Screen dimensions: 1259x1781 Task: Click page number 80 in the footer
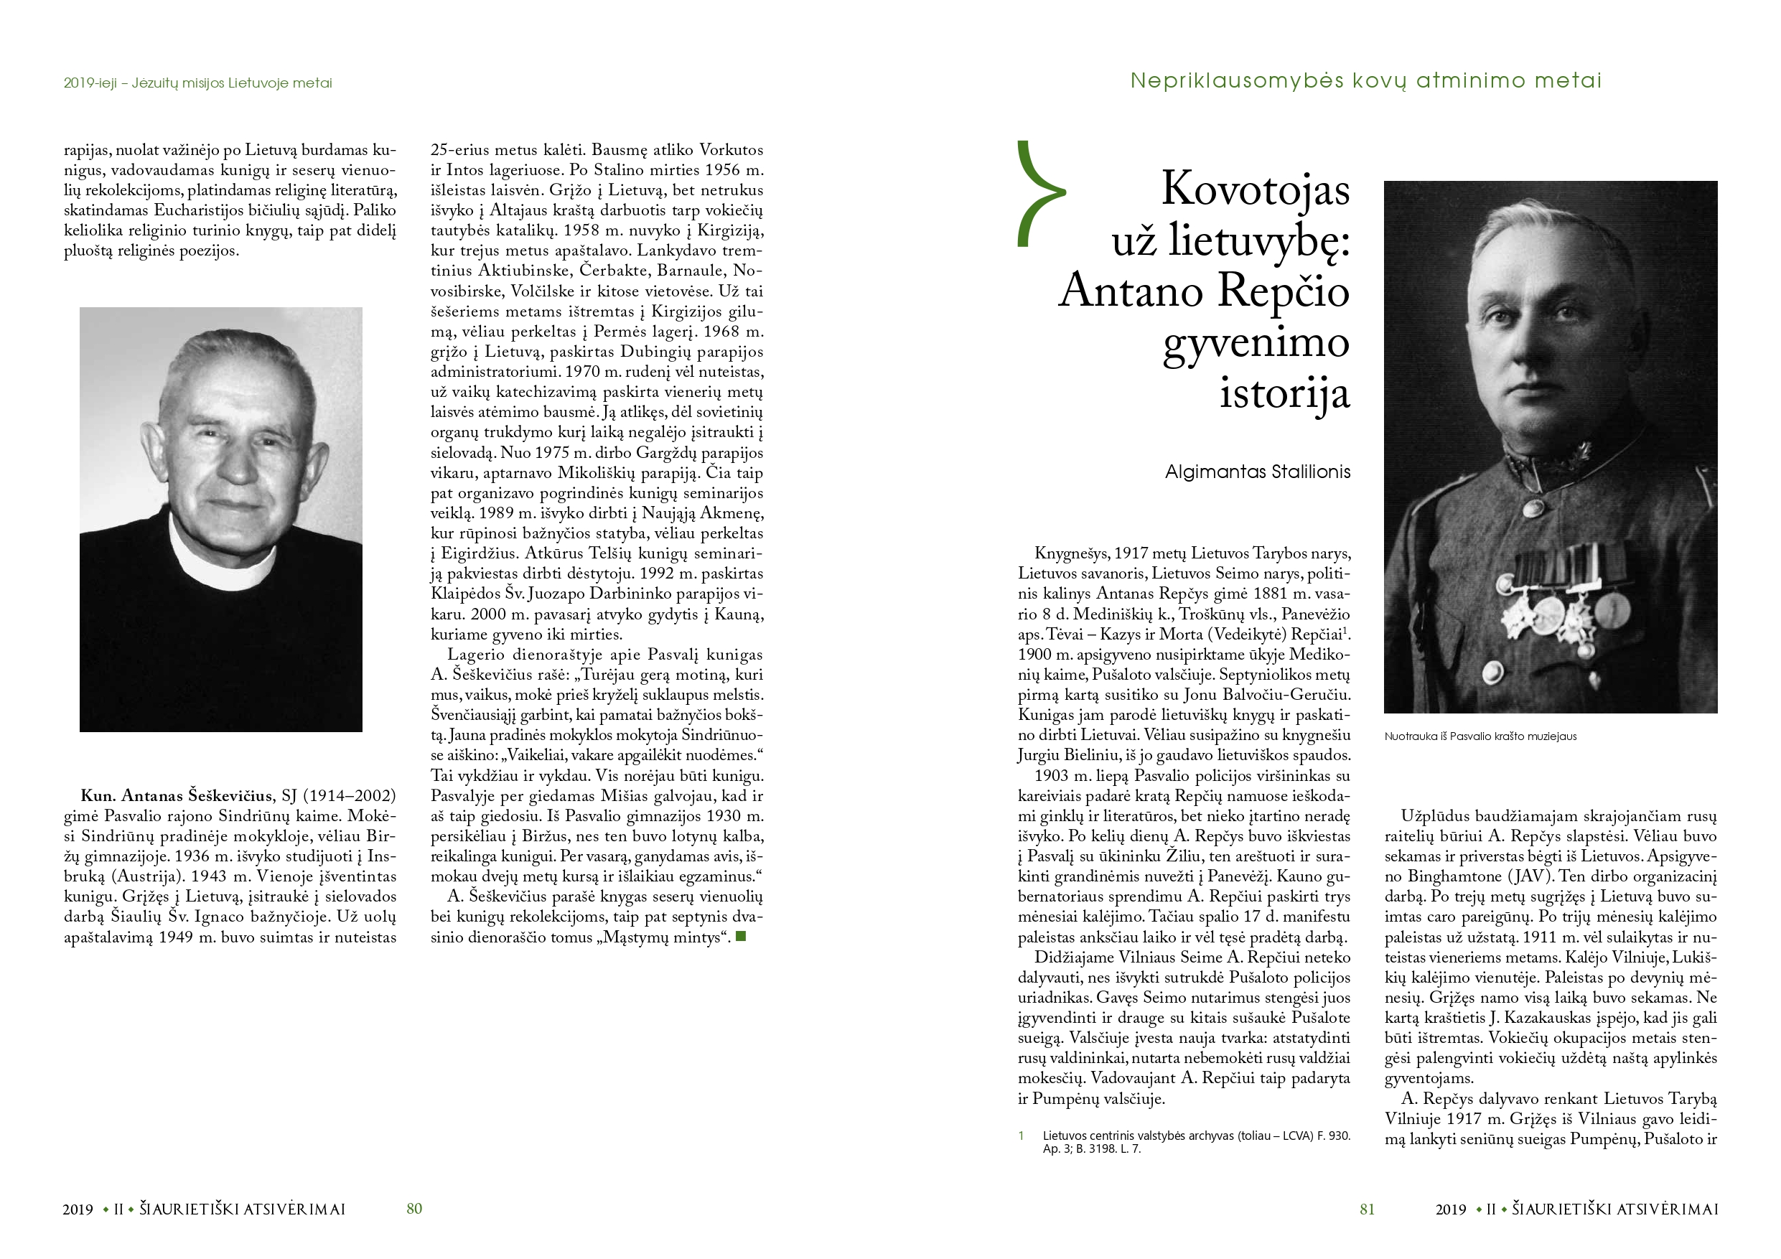414,1209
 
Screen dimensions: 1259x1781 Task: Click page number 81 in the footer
1367,1209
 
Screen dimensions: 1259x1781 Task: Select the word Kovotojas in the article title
1254,189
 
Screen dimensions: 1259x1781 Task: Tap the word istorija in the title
1284,393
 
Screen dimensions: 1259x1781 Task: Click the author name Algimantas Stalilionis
1257,472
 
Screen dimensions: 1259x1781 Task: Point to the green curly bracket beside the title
1038,193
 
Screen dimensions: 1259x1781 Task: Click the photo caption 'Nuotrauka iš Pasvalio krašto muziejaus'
1480,736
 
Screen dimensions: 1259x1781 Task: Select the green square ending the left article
741,936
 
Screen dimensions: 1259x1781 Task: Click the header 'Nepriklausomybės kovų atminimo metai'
1365,80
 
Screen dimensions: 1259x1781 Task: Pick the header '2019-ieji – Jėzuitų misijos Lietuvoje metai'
198,83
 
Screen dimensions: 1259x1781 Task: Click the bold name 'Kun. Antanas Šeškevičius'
177,796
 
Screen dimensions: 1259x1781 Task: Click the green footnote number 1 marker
1022,1136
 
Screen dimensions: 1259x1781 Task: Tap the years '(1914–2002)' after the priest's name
349,796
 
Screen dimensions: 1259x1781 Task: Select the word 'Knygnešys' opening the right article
1071,554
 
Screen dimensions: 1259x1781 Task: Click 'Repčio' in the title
1283,291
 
